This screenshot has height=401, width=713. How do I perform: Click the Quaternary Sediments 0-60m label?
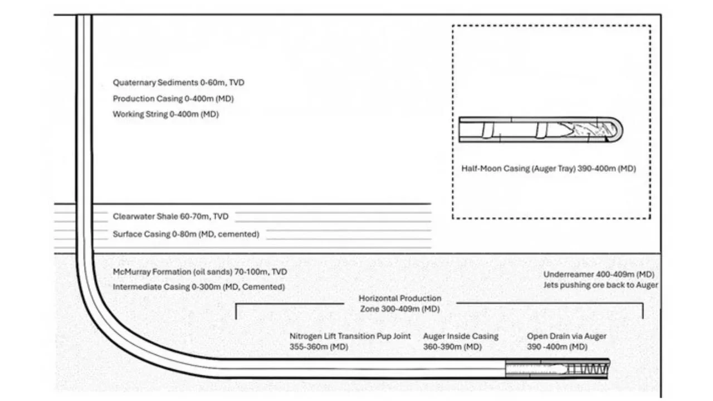[178, 82]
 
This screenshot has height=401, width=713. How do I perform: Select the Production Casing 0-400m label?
[173, 99]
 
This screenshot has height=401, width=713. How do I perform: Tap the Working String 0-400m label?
[165, 114]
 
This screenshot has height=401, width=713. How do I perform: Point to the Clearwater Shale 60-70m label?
[170, 216]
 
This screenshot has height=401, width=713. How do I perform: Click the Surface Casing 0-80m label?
[185, 234]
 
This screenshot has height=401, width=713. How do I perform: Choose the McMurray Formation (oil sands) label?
[200, 272]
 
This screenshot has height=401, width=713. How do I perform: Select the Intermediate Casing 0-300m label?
[199, 287]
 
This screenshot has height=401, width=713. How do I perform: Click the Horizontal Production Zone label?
[399, 304]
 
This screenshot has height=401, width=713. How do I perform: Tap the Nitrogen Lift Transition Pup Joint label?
[350, 341]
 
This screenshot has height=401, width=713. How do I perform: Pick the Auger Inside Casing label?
[460, 341]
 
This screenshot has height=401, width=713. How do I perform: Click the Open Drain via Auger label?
[566, 341]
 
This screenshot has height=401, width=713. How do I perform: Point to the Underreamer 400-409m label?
[598, 275]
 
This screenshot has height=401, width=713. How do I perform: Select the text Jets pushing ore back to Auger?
[600, 285]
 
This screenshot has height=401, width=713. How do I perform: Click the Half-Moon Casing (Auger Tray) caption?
[548, 168]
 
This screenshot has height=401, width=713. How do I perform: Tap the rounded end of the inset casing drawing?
[617, 130]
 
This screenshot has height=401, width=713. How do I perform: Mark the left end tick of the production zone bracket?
[236, 311]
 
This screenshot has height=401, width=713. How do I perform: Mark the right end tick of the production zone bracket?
[643, 311]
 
